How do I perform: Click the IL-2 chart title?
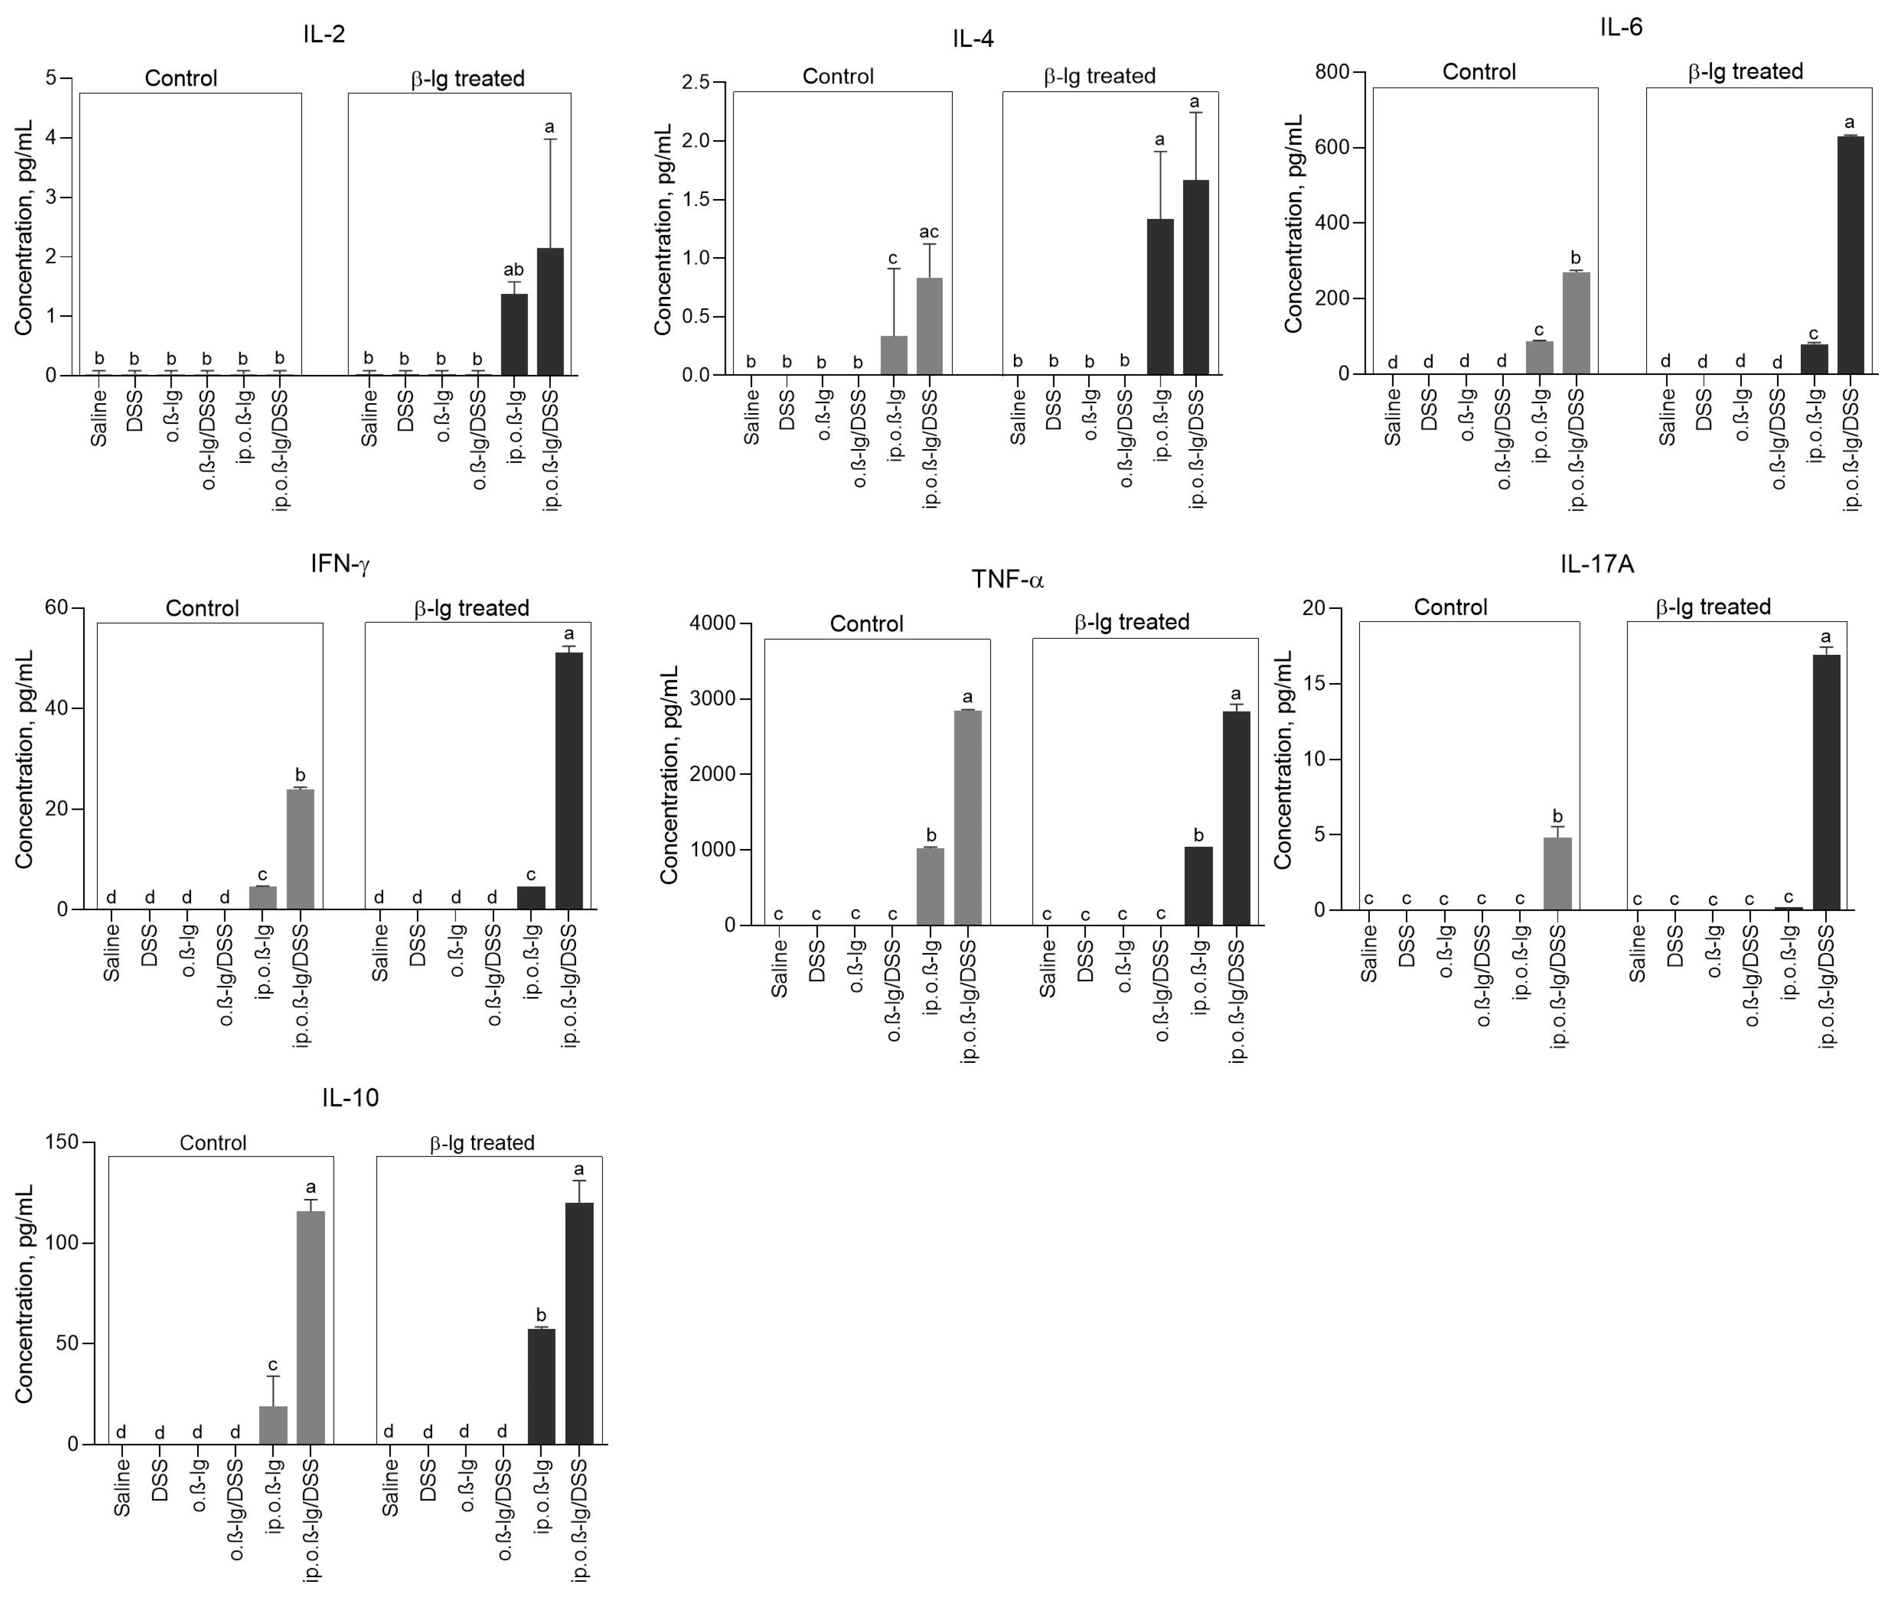(324, 35)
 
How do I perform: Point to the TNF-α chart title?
(1008, 580)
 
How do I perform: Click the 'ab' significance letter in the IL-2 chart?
(514, 270)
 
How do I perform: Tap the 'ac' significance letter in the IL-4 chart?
(929, 233)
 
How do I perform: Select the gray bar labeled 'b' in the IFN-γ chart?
(301, 849)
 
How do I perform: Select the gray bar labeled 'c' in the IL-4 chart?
(894, 355)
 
